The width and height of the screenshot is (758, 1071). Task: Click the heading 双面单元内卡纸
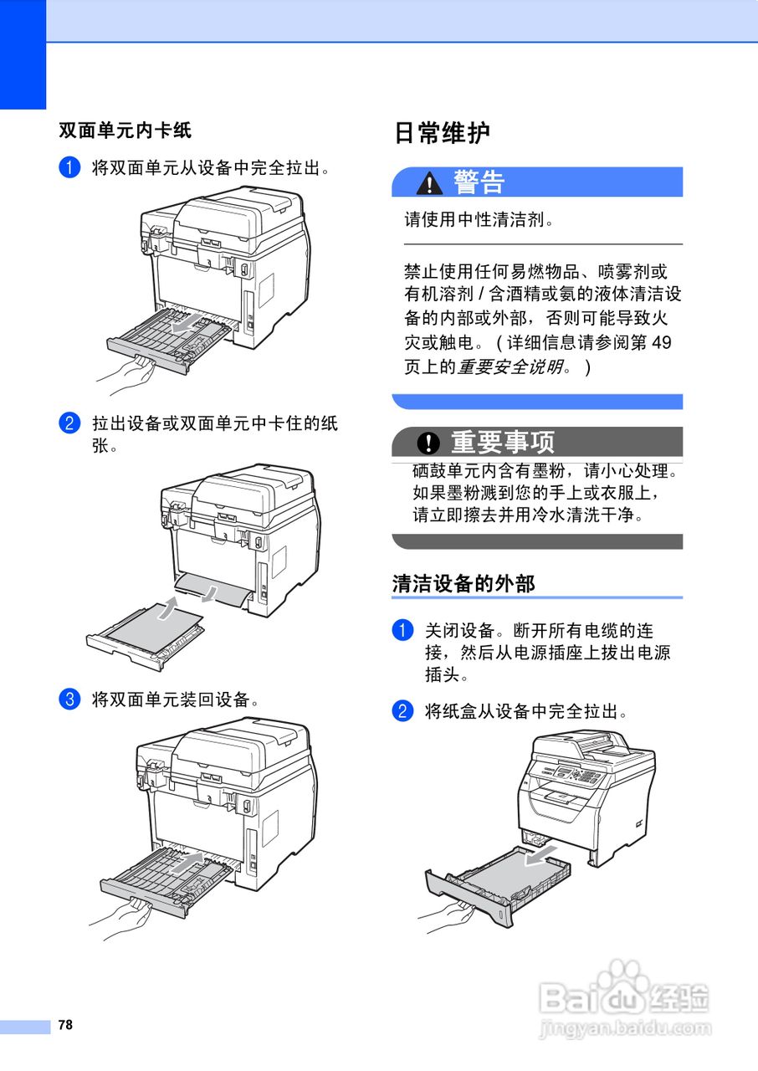[x=125, y=131]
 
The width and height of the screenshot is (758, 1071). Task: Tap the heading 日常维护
[x=442, y=133]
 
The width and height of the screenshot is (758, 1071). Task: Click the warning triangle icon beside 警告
[x=432, y=182]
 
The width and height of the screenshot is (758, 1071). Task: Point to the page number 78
[x=65, y=1025]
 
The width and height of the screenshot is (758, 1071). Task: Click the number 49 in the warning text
[x=660, y=343]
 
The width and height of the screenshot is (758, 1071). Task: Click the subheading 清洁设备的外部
[x=464, y=583]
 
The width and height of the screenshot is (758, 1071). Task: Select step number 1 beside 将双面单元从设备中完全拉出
[x=69, y=167]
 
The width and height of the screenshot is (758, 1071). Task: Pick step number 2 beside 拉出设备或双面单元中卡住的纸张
[x=69, y=423]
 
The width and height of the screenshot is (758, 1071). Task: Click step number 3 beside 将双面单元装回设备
[x=69, y=699]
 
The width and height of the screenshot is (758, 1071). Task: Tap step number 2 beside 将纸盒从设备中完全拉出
[x=403, y=712]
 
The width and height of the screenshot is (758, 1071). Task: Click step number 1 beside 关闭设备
[x=403, y=630]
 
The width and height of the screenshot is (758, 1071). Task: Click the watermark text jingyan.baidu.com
[x=625, y=1028]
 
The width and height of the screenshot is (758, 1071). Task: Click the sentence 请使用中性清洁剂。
[x=480, y=220]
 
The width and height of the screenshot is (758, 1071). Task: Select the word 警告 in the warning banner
[x=479, y=182]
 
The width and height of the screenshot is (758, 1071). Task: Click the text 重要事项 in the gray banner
[x=503, y=442]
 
